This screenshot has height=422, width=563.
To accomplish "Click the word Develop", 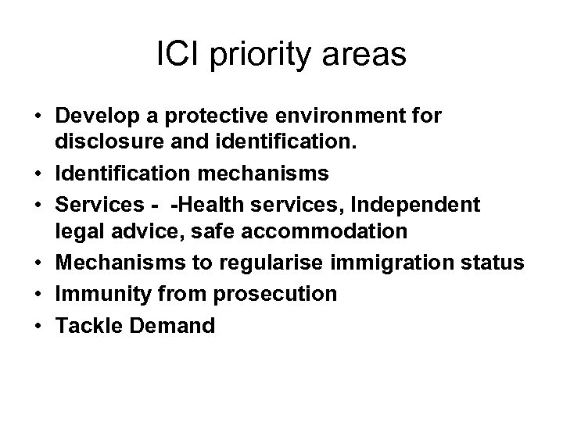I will tap(92, 117).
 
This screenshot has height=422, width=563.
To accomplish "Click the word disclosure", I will tap(99, 141).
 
